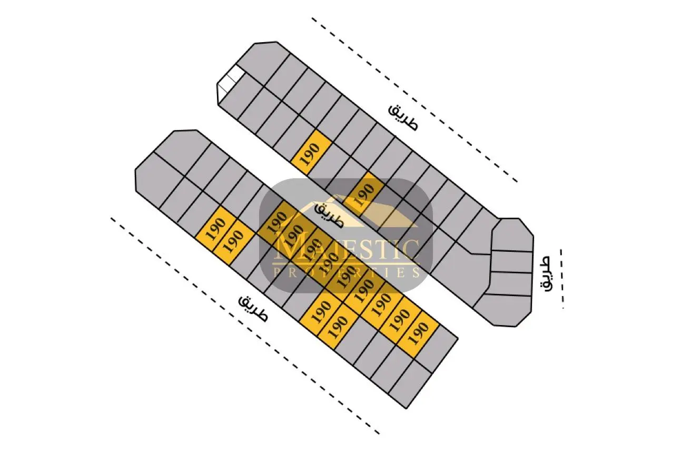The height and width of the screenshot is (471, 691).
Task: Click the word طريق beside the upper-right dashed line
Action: click(403, 117)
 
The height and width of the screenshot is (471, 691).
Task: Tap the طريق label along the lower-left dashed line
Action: click(253, 309)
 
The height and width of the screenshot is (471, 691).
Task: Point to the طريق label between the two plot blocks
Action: click(329, 214)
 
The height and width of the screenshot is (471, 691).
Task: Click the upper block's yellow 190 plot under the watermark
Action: click(363, 194)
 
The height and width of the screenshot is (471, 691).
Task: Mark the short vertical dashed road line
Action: click(562, 278)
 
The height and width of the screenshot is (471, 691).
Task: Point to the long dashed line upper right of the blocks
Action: click(414, 100)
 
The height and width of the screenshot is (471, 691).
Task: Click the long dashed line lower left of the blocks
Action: click(245, 326)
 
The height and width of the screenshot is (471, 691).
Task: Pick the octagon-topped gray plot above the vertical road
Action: click(512, 234)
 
